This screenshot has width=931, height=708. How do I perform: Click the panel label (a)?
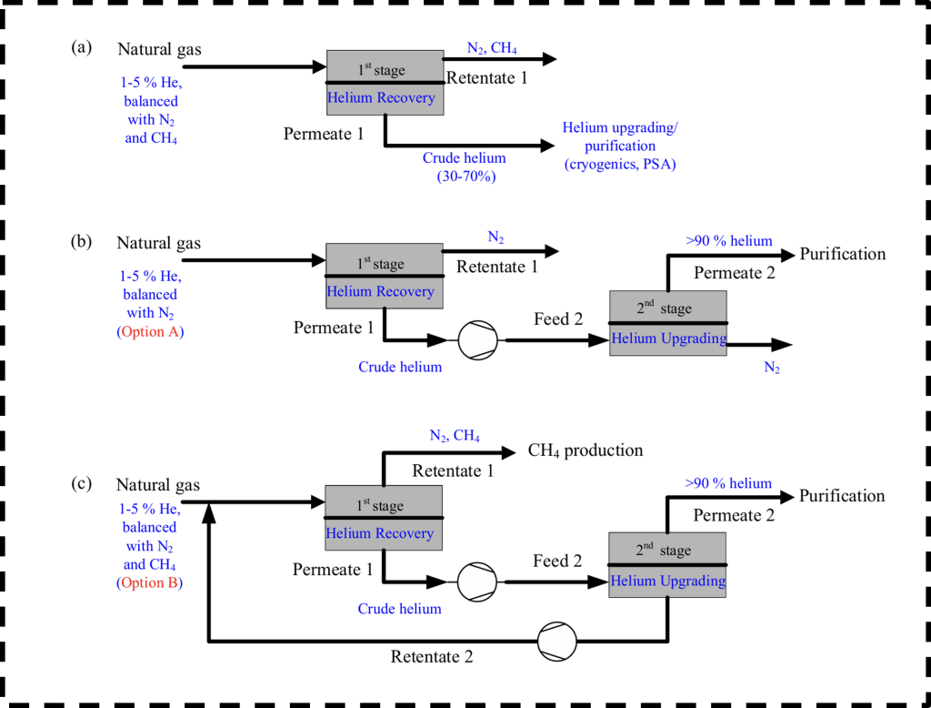(x=81, y=47)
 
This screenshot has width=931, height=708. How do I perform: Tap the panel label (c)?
(x=81, y=483)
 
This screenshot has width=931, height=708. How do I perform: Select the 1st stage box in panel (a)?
(x=385, y=83)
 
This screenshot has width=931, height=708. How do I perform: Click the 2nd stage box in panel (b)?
(x=668, y=323)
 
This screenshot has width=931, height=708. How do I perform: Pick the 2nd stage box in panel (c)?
(x=667, y=565)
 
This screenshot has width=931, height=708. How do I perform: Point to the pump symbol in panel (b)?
(x=478, y=340)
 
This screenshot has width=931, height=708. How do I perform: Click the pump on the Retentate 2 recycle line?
(x=557, y=642)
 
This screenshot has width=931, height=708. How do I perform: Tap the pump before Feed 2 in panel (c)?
(x=476, y=582)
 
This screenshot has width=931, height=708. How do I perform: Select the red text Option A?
(x=150, y=332)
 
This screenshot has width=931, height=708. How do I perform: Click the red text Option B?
(x=150, y=582)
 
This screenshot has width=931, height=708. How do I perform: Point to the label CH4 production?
(x=586, y=450)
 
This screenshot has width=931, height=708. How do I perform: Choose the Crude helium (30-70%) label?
(x=465, y=167)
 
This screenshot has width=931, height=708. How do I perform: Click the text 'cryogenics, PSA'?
(x=620, y=164)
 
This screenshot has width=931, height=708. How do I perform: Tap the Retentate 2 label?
(x=432, y=657)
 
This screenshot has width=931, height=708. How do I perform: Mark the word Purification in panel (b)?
(x=843, y=254)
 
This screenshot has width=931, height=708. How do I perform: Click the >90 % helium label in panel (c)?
(x=728, y=483)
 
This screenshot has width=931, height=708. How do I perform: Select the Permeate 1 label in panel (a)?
(x=324, y=135)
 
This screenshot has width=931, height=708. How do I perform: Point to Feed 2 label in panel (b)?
(x=558, y=319)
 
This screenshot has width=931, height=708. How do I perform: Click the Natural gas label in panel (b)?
(x=158, y=244)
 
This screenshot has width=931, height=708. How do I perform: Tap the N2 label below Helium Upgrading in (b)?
(x=772, y=368)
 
